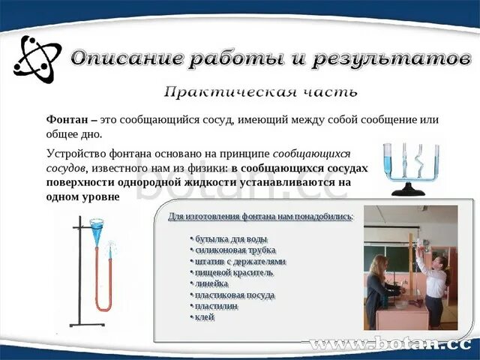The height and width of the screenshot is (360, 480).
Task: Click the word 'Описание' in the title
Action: (127, 58)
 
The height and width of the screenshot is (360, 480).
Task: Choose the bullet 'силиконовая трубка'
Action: (233, 249)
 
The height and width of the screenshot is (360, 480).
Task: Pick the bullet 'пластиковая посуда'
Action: (234, 295)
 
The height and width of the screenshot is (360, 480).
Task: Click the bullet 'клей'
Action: (204, 317)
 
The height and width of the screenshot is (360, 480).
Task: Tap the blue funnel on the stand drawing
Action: (97, 226)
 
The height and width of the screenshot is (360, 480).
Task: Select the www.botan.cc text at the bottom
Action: (390, 346)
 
